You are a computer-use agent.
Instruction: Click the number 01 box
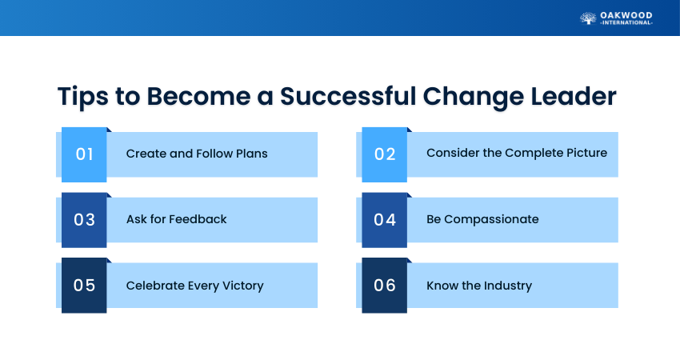point(84,154)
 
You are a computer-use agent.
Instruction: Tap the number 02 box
point(384,154)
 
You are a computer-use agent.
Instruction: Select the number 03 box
point(84,220)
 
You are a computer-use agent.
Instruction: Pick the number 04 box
point(384,220)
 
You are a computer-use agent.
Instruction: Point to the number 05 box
point(84,286)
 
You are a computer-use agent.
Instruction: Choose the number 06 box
point(384,286)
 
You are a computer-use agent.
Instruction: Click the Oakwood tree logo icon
point(588,18)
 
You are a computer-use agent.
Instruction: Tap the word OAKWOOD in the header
point(626,16)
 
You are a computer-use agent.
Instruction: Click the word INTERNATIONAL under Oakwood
point(626,22)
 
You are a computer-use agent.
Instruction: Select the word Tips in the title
point(83,96)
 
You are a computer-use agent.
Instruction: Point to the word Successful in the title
point(348,96)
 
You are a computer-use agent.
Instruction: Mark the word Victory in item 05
point(243,286)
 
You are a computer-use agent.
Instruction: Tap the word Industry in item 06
point(508,286)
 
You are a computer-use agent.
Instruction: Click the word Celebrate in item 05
point(155,286)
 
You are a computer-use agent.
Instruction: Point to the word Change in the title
point(473,96)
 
